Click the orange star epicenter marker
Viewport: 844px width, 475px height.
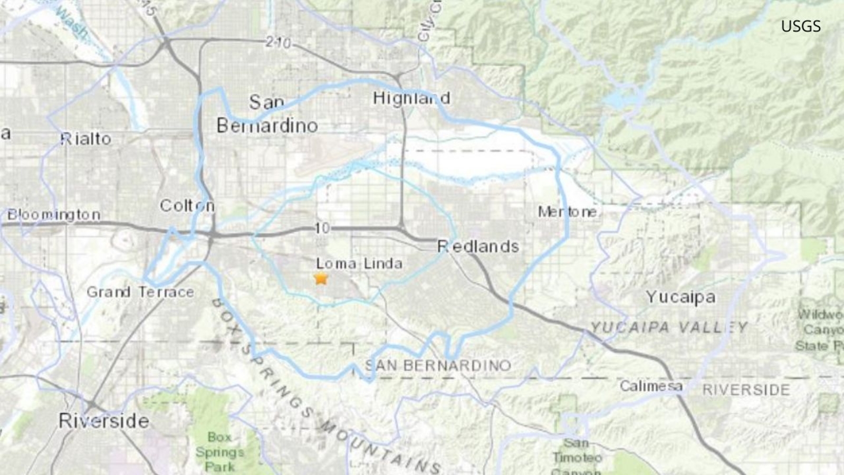point(321,279)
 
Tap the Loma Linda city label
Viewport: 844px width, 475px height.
point(359,263)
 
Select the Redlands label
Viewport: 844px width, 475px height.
point(478,246)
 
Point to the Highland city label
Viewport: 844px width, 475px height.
point(411,98)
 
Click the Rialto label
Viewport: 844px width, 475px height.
point(85,139)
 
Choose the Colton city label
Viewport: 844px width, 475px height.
point(187,205)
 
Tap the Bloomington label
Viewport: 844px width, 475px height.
point(54,215)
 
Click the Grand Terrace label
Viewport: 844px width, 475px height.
point(140,292)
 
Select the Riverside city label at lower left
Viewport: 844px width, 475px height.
point(104,421)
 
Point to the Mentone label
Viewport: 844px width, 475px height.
point(568,212)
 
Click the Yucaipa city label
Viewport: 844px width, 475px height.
point(681,297)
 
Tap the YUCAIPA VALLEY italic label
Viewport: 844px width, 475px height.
point(669,328)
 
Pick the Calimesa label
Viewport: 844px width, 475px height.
point(651,386)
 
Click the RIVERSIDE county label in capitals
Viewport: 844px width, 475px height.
point(746,390)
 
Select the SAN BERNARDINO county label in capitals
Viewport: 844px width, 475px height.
point(438,365)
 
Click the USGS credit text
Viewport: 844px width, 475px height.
point(801,26)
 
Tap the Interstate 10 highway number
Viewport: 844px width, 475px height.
point(322,228)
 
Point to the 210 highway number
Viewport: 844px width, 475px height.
point(278,42)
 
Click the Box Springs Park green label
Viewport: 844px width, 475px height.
point(219,452)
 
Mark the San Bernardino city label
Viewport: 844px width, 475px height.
point(267,114)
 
